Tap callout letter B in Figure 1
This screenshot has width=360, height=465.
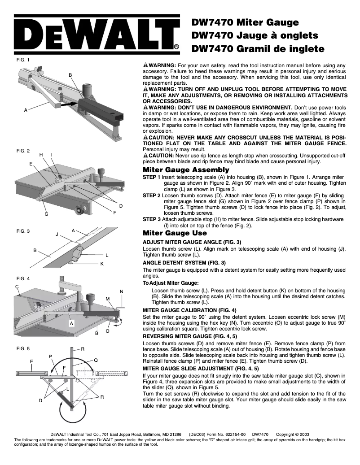[x=70, y=74]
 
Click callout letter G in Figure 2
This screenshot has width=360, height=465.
[x=46, y=215]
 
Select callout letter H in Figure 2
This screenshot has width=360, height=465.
[x=41, y=154]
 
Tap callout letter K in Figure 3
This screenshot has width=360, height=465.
[x=102, y=264]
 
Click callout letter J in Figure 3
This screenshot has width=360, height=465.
[x=57, y=235]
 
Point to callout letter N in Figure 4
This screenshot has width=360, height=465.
[x=122, y=292]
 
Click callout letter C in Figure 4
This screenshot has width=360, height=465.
[x=17, y=286]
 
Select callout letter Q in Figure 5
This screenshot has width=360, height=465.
[x=96, y=360]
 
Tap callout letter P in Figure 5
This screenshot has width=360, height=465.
[x=50, y=356]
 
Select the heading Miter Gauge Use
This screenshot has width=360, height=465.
[x=175, y=233]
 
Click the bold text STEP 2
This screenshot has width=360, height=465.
[x=151, y=196]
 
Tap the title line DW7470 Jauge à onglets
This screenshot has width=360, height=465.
[x=255, y=35]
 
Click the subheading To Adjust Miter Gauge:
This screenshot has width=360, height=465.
[x=170, y=282]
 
